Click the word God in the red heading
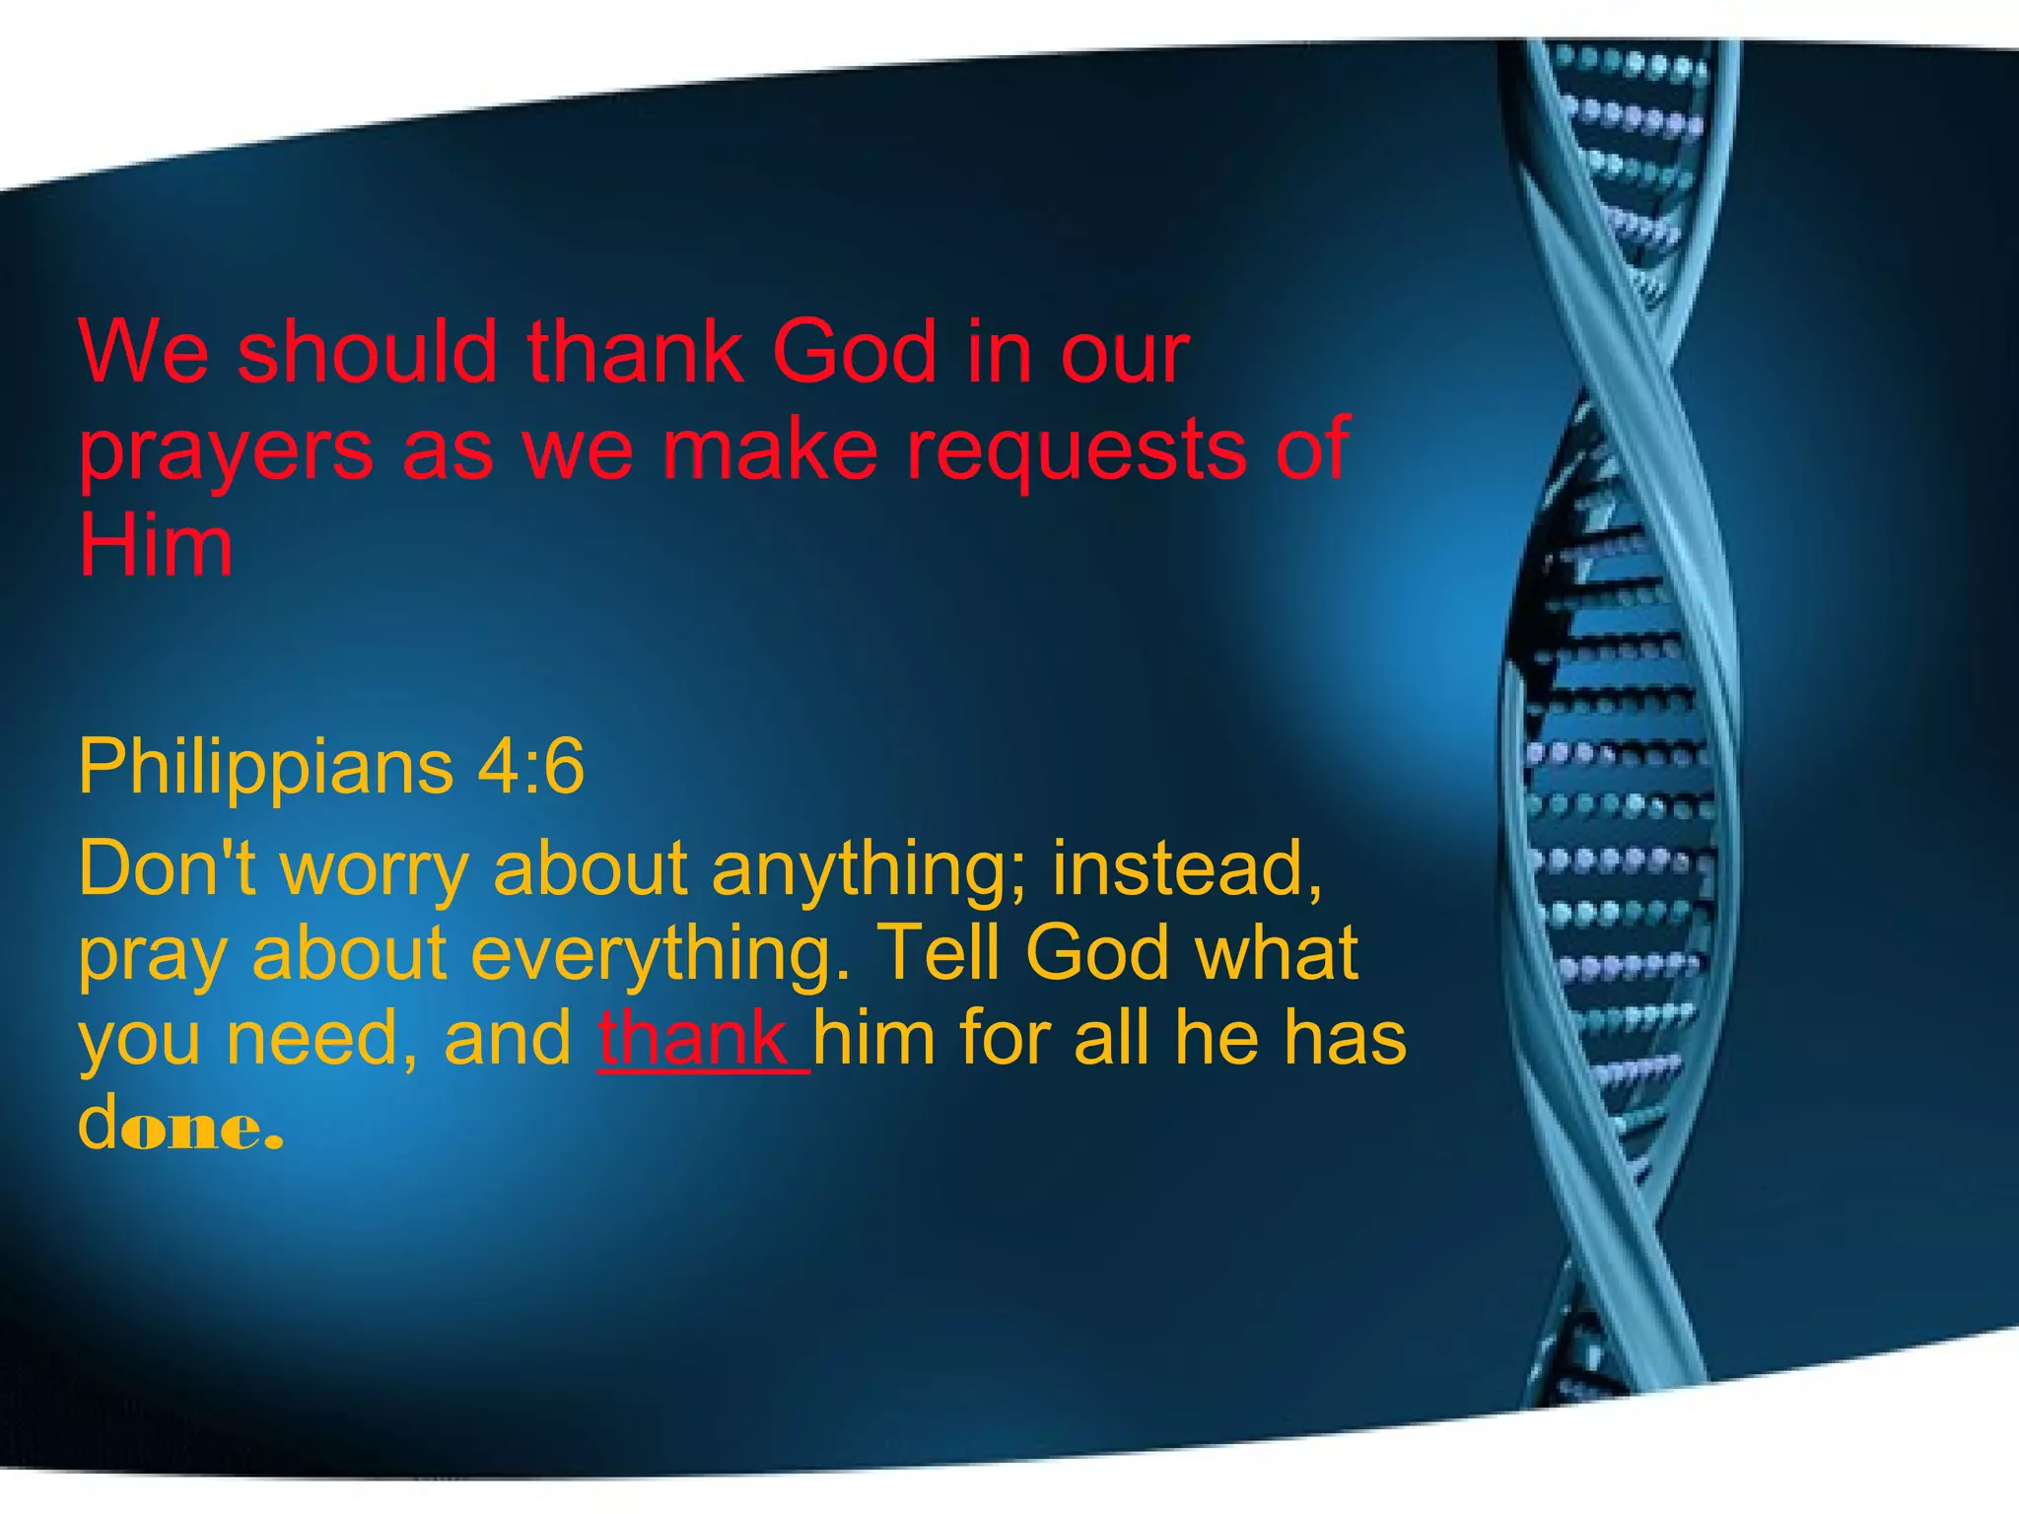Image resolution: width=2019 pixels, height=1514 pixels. point(854,352)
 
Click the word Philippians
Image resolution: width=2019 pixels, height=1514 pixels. point(265,766)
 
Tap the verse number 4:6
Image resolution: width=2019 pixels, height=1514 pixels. point(531,766)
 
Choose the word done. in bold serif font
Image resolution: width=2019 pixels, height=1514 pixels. point(180,1124)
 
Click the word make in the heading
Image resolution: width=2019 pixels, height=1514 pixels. point(769,450)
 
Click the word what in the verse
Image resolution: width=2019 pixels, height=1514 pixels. point(1276,952)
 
